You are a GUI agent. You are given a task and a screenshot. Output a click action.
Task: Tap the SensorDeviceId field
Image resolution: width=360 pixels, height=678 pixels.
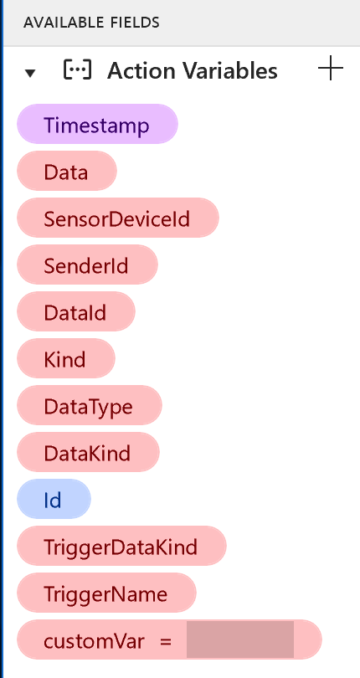tap(118, 218)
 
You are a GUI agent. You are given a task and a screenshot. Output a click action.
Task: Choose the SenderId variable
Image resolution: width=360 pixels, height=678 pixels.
tap(87, 265)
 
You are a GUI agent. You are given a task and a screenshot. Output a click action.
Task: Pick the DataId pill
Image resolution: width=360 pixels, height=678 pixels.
tap(75, 311)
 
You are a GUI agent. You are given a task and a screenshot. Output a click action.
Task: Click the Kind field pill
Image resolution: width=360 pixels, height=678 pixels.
tap(66, 358)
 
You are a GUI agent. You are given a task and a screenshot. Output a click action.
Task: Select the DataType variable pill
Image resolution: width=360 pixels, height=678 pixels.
tap(89, 405)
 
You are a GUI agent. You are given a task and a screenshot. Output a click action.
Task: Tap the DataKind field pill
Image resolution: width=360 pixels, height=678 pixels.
tap(88, 452)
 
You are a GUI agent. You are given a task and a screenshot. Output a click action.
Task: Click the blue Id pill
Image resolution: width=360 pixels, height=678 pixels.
tap(54, 499)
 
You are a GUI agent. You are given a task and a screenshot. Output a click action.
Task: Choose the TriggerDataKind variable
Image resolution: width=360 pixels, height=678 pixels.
tap(121, 546)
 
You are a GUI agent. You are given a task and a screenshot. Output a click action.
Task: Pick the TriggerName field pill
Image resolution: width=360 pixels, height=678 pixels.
tap(106, 593)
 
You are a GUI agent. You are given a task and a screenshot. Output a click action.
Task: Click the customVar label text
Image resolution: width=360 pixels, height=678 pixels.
tap(94, 640)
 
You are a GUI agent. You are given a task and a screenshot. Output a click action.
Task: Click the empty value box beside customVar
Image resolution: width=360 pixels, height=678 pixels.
tap(240, 639)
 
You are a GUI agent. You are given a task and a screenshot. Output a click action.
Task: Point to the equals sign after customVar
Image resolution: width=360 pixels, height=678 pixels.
tap(166, 641)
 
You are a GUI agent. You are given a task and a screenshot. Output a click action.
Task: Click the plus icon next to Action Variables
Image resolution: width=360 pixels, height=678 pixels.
tap(331, 68)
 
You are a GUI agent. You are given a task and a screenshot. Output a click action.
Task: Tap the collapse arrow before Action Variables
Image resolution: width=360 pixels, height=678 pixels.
tap(30, 73)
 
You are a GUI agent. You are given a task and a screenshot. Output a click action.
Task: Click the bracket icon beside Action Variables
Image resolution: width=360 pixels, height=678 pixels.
tap(78, 69)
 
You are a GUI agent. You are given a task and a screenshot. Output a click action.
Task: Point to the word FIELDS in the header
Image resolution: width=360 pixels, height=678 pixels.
tap(133, 22)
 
